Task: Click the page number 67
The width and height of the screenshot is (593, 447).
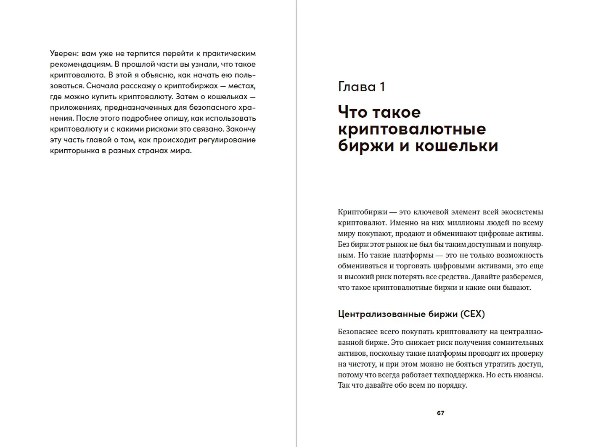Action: pyautogui.click(x=440, y=413)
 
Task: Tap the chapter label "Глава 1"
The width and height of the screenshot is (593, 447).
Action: pyautogui.click(x=361, y=87)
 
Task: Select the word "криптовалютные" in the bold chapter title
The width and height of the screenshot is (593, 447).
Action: pyautogui.click(x=412, y=129)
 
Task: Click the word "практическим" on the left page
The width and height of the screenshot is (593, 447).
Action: pyautogui.click(x=229, y=53)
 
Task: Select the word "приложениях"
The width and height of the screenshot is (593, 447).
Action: pyautogui.click(x=75, y=108)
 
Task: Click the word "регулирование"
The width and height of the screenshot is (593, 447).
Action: pyautogui.click(x=228, y=140)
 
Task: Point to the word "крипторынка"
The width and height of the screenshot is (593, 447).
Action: pyautogui.click(x=74, y=151)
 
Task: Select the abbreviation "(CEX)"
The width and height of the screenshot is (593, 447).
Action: pyautogui.click(x=472, y=314)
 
